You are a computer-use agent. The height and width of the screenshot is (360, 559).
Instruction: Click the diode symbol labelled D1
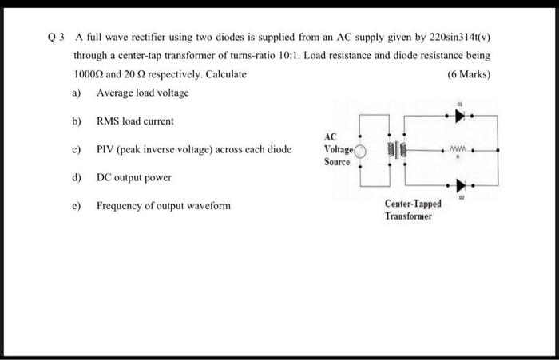coord(459,115)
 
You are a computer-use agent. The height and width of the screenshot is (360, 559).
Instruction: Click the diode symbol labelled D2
coord(459,185)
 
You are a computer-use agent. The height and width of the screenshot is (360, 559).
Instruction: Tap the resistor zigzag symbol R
coord(458,148)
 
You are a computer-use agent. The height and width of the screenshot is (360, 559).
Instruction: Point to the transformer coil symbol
coord(397,150)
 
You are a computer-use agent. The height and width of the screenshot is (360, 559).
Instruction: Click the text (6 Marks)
coord(470,75)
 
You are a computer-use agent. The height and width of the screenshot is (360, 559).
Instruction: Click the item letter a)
coord(77,93)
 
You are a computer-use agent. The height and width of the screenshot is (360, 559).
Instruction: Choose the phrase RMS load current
coord(135,121)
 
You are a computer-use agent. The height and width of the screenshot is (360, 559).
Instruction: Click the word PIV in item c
coord(107,149)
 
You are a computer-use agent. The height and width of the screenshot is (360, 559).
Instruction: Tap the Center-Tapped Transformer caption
coord(412,210)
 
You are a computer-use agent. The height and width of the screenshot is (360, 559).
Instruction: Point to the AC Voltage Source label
coord(337,149)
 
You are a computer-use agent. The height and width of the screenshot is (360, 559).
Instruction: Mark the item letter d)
coord(77,177)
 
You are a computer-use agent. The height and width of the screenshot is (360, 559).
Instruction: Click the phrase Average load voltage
coord(143,93)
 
